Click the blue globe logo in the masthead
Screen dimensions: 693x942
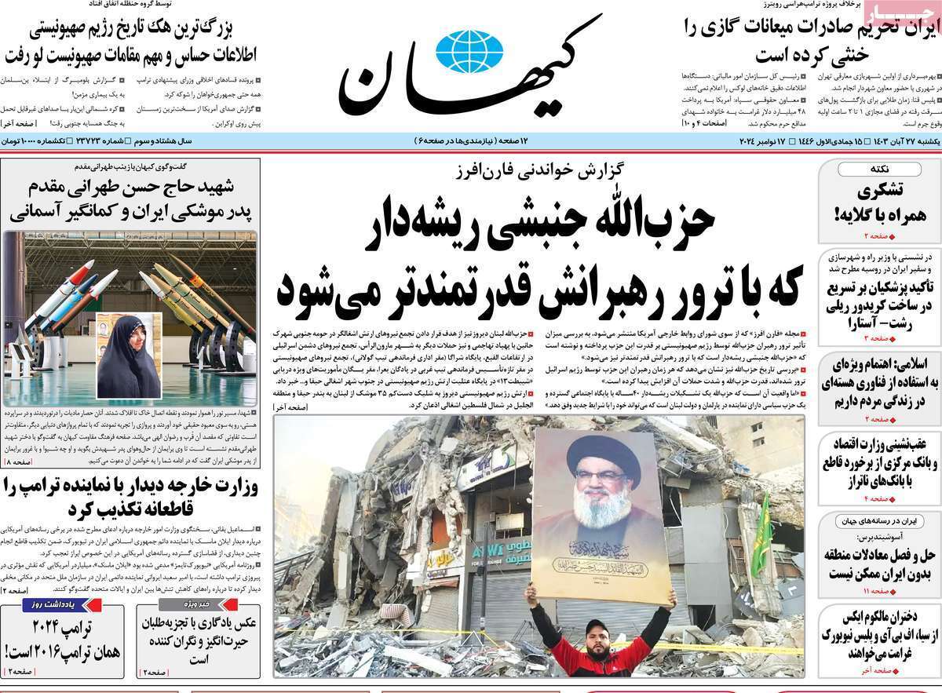click(469, 52)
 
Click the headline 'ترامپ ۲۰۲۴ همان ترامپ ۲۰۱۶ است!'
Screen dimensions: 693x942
click(63, 640)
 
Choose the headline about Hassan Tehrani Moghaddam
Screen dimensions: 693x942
click(130, 199)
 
